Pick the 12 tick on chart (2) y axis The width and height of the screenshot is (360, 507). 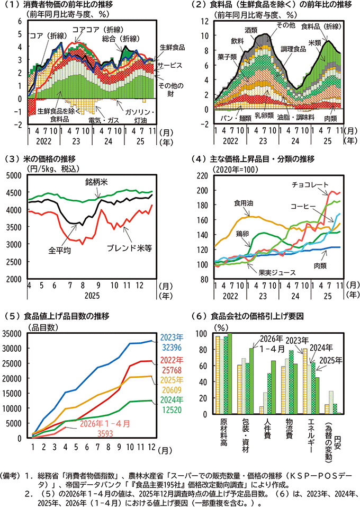[x=205, y=21]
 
